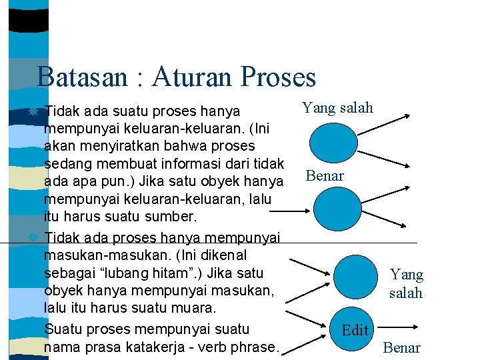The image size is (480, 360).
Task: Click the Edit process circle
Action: point(355,329)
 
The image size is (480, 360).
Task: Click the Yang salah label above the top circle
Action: point(337,108)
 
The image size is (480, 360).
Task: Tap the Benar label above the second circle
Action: point(325,176)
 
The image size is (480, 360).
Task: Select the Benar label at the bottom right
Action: point(401,347)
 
